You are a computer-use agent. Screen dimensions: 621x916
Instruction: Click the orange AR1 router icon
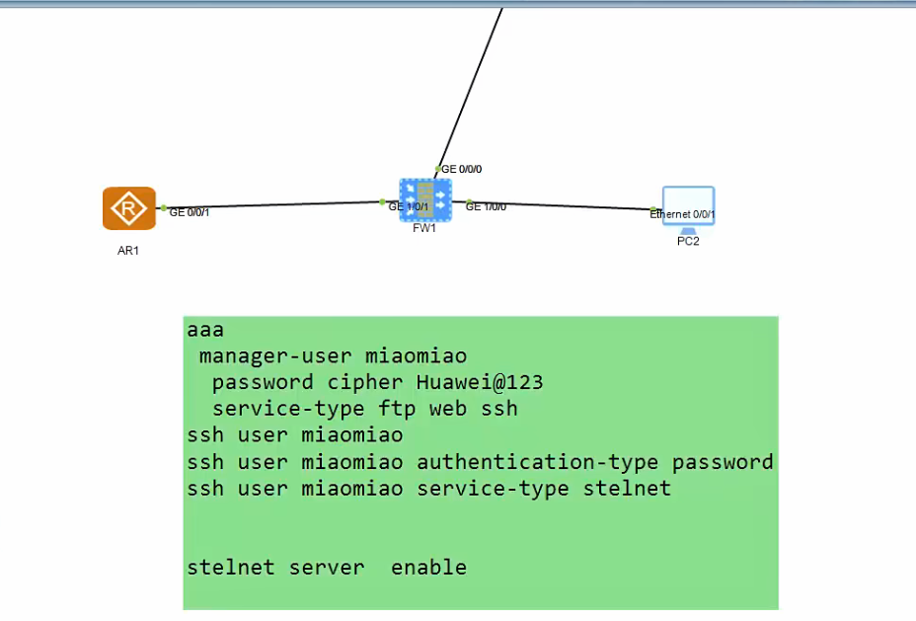128,208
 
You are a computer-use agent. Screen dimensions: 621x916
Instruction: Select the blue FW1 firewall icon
424,200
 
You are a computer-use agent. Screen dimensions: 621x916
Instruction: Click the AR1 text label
128,251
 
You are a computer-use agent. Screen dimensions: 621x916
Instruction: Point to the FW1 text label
424,229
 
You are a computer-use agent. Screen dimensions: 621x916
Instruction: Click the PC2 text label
688,242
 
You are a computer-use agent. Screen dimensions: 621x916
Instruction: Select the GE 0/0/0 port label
462,169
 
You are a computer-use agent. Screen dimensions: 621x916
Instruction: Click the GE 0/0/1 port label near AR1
190,211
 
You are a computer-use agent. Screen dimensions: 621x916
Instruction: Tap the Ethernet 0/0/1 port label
683,213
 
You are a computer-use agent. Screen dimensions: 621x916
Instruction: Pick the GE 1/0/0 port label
487,206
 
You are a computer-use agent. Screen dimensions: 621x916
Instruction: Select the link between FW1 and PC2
563,205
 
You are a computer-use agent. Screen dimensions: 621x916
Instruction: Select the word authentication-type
539,462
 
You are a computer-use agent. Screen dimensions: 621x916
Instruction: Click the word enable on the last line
428,568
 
